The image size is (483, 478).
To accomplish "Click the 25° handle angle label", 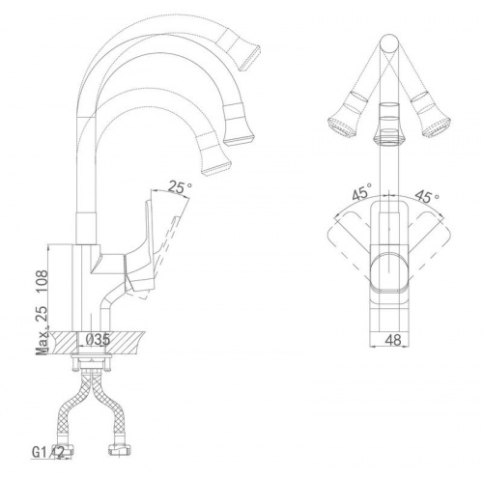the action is (x=180, y=187).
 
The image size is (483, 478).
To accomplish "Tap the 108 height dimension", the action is (x=43, y=281).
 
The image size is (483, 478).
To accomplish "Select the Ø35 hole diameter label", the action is (x=95, y=339).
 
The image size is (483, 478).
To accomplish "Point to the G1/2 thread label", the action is (x=48, y=452).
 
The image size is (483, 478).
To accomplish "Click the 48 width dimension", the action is (x=393, y=340).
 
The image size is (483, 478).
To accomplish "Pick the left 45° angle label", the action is (x=361, y=192).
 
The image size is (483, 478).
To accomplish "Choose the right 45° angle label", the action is (x=427, y=196).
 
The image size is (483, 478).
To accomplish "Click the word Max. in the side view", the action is (x=43, y=340).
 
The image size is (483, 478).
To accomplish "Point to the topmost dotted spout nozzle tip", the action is (x=249, y=58).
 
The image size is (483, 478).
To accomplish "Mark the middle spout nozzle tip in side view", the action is (x=240, y=139).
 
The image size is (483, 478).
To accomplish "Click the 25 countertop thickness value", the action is (x=43, y=314).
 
